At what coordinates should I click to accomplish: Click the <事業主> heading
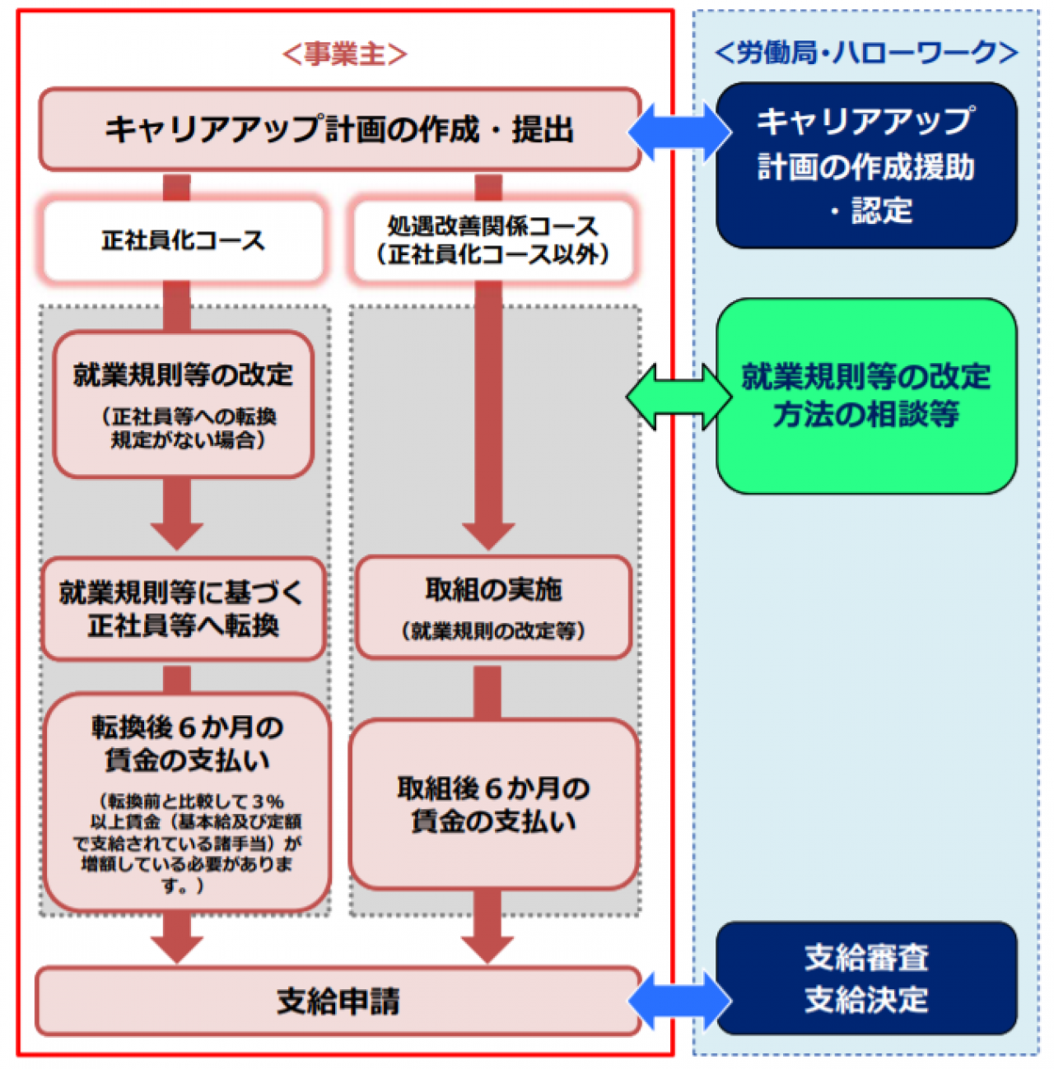pyautogui.click(x=344, y=54)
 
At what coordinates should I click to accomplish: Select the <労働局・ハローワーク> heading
pyautogui.click(x=865, y=53)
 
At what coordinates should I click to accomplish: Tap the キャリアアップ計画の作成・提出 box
pyautogui.click(x=339, y=130)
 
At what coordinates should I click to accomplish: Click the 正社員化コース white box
pyautogui.click(x=183, y=240)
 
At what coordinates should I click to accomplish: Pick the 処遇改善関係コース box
pyautogui.click(x=493, y=240)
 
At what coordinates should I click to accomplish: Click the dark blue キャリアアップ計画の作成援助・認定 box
pyautogui.click(x=866, y=165)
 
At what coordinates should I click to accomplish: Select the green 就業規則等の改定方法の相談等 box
pyautogui.click(x=866, y=396)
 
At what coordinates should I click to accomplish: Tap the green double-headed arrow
pyautogui.click(x=679, y=397)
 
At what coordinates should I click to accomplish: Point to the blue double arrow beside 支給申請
pyautogui.click(x=679, y=1002)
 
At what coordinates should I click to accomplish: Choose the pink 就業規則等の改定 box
pyautogui.click(x=183, y=404)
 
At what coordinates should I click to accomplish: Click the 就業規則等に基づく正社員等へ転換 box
pyautogui.click(x=183, y=609)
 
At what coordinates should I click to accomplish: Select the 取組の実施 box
pyautogui.click(x=493, y=608)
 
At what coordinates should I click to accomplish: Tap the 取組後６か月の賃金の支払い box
pyautogui.click(x=493, y=804)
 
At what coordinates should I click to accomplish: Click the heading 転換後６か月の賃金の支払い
pyautogui.click(x=187, y=743)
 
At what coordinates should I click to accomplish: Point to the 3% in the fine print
pyautogui.click(x=268, y=801)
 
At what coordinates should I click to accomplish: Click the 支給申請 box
pyautogui.click(x=338, y=1002)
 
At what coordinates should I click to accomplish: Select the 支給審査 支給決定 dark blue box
pyautogui.click(x=866, y=978)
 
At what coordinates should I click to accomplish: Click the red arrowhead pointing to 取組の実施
pyautogui.click(x=488, y=535)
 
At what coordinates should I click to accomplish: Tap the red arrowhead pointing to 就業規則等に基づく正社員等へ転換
pyautogui.click(x=177, y=535)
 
